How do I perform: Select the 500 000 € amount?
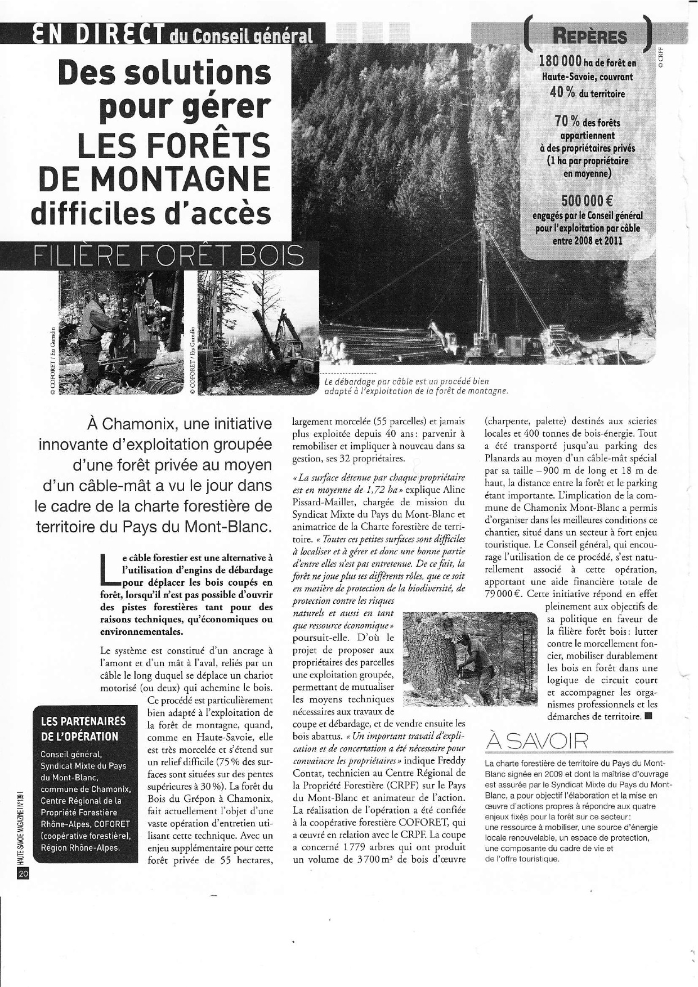tap(588, 201)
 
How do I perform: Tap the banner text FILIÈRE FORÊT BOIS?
tap(169, 257)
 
